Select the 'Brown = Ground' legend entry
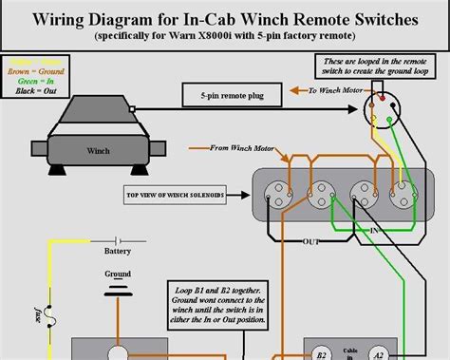[x=35, y=70]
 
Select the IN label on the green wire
[x=376, y=230]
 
